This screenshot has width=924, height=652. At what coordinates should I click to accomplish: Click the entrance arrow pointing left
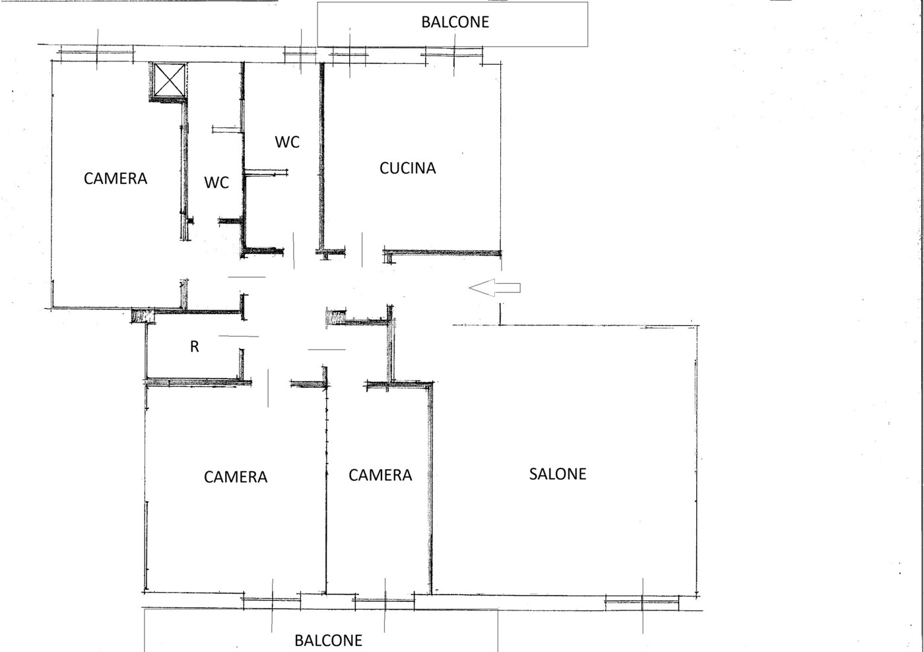[x=494, y=288]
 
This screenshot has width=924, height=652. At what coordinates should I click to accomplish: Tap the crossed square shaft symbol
[x=169, y=80]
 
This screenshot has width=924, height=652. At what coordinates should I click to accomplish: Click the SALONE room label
[x=558, y=474]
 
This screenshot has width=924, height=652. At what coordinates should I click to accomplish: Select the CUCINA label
[x=408, y=168]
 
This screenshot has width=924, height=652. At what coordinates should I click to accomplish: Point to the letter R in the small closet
[x=194, y=346]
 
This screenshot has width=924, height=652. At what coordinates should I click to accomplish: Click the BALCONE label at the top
[x=455, y=22]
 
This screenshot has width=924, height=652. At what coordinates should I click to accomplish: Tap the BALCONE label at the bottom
[x=329, y=641]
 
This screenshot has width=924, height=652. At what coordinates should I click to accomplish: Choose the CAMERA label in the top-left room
[x=115, y=179]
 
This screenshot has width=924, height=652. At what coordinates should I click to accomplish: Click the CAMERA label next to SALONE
[x=380, y=475]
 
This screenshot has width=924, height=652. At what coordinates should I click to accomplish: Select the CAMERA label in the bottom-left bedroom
[x=236, y=477]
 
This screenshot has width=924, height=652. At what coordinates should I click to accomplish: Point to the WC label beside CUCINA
[x=287, y=142]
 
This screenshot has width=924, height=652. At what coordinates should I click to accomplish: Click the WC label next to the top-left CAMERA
[x=216, y=183]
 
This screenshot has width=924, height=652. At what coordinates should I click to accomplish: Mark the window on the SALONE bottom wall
[x=642, y=603]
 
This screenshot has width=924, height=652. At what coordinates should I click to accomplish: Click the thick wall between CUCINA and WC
[x=322, y=156]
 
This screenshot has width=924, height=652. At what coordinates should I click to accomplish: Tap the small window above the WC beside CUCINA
[x=300, y=53]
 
